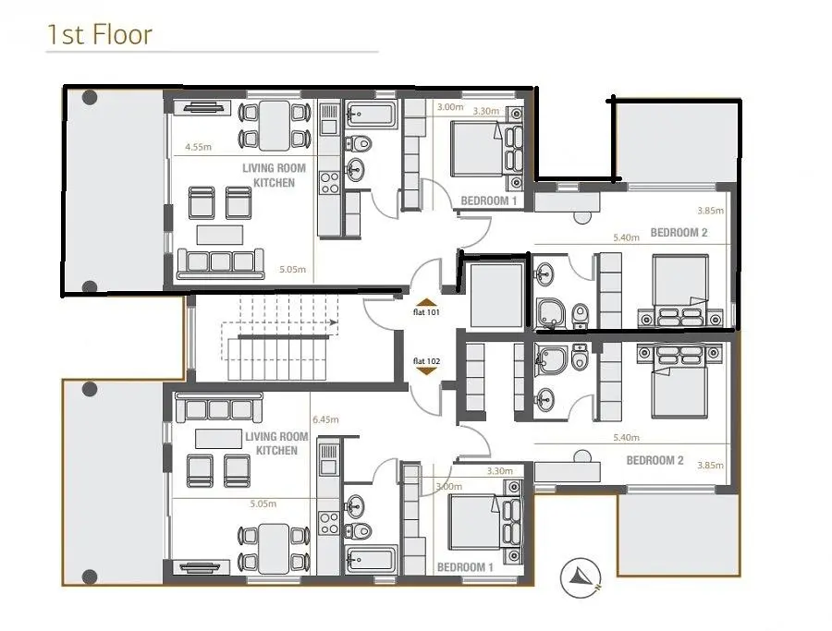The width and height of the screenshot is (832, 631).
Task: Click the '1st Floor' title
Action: tap(100, 34)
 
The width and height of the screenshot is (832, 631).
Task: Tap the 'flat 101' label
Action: tap(426, 312)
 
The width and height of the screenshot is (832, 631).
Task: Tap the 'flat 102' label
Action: tap(426, 361)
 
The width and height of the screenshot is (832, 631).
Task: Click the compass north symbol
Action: tap(581, 577)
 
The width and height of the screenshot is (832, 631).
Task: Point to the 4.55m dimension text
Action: tap(198, 147)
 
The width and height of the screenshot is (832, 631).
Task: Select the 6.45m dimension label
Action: tap(325, 419)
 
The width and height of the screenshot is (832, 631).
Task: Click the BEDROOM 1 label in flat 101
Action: tap(489, 201)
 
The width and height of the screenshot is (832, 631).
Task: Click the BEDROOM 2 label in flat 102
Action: tap(655, 460)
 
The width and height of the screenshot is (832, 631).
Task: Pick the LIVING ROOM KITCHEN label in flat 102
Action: tap(276, 443)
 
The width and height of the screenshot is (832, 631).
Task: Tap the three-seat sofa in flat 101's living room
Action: tap(220, 263)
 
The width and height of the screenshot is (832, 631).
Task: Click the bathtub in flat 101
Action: tap(371, 114)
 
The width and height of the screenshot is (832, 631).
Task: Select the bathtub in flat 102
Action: tap(371, 560)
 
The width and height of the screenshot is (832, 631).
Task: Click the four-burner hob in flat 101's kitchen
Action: tap(329, 183)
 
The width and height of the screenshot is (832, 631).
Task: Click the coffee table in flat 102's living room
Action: tap(217, 439)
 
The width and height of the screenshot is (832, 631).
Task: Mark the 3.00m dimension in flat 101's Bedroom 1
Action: tap(449, 107)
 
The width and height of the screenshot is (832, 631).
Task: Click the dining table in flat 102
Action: tap(275, 548)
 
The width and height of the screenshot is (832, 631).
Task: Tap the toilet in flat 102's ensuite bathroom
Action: tap(580, 357)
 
